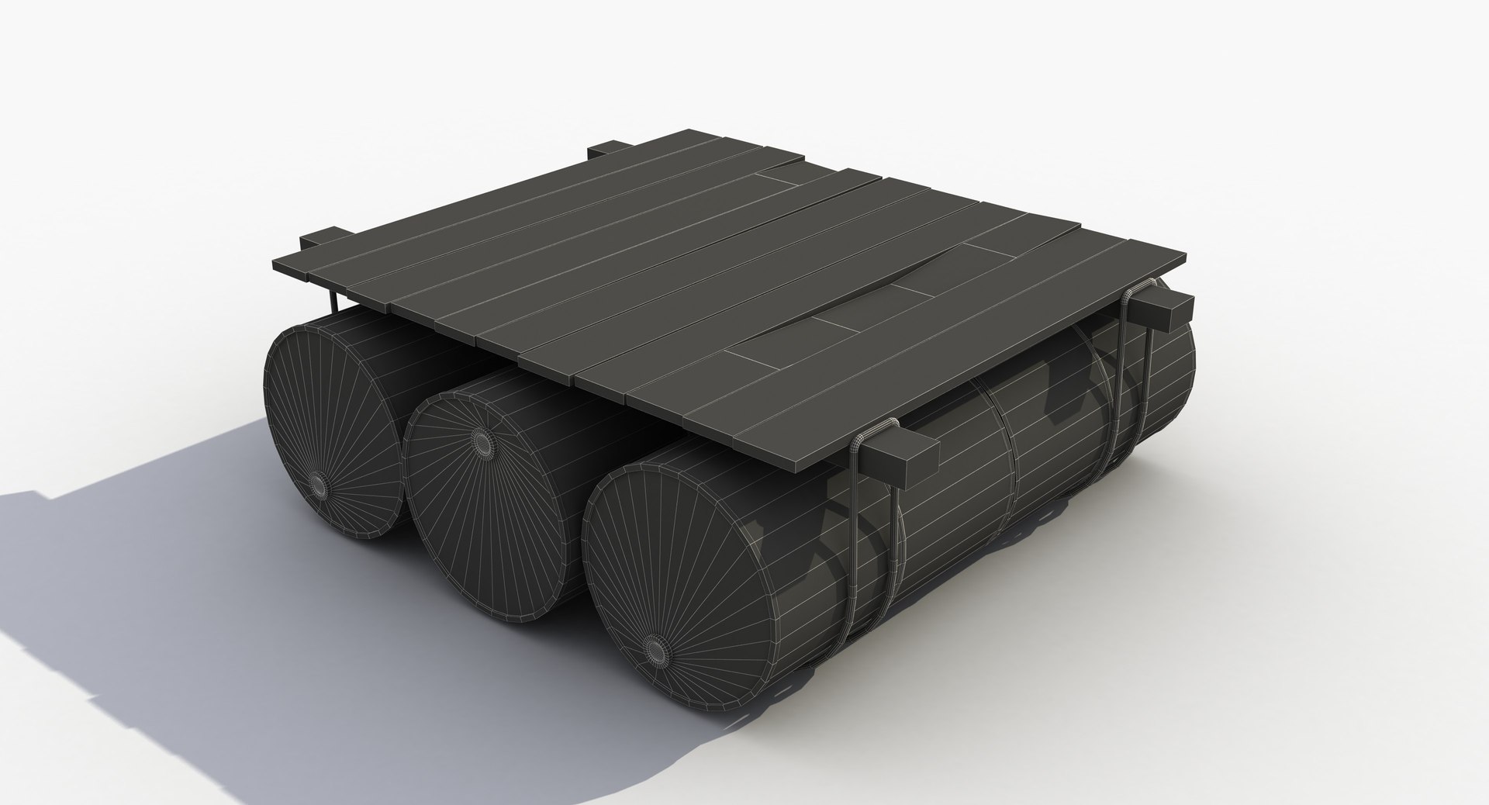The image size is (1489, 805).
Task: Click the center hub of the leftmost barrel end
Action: click(319, 483)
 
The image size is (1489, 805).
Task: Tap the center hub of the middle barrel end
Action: click(483, 443)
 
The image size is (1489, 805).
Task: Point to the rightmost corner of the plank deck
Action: click(1185, 256)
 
